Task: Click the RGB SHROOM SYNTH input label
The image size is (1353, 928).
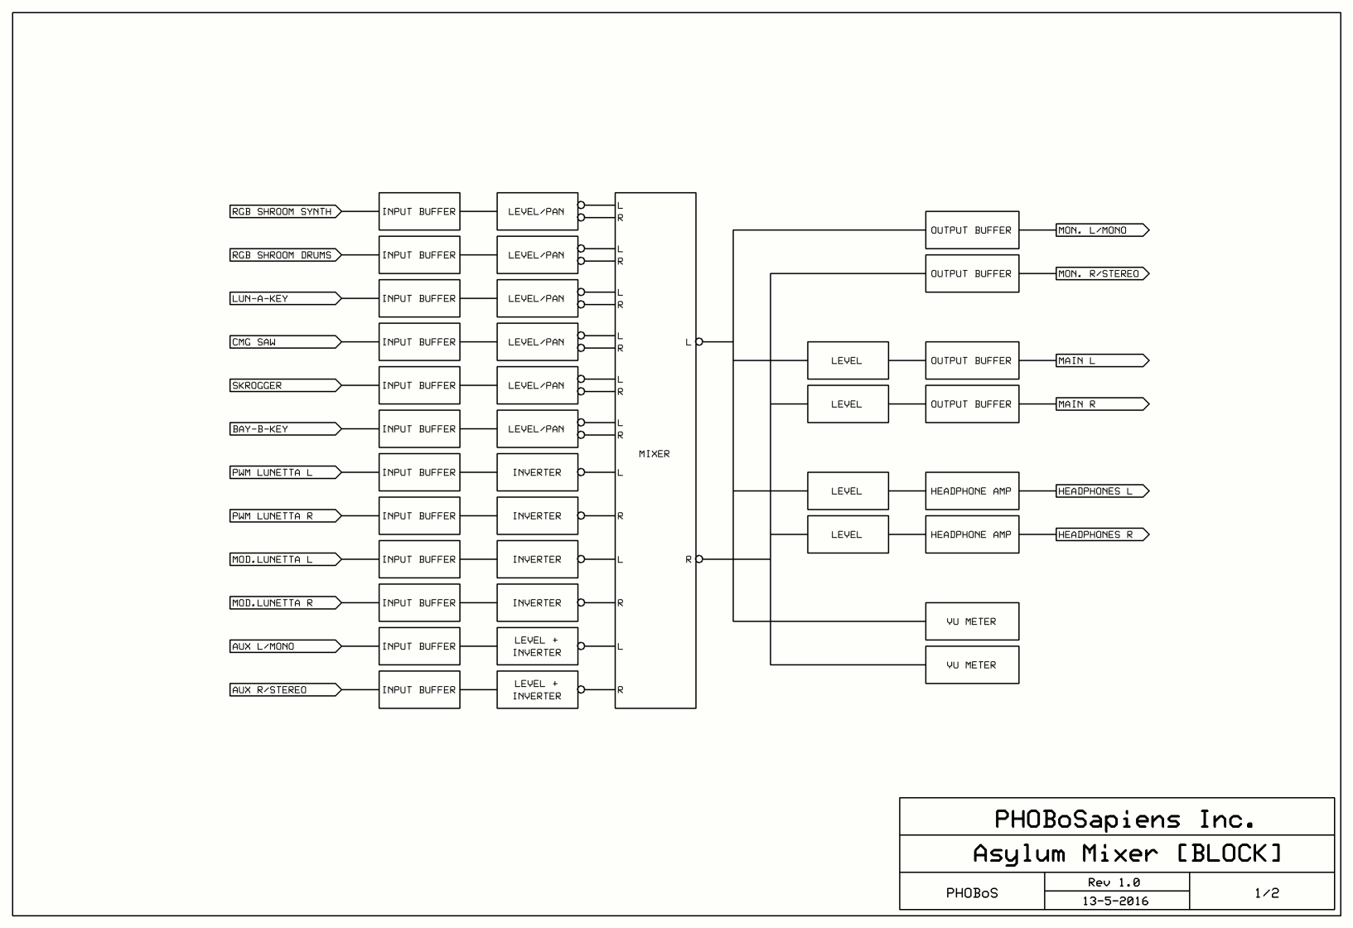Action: tap(283, 212)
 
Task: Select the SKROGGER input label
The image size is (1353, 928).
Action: tap(283, 386)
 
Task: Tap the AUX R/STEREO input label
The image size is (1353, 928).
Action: tap(283, 690)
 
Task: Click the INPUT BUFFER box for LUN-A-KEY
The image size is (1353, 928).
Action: tap(419, 299)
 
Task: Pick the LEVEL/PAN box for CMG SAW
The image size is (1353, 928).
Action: tap(537, 342)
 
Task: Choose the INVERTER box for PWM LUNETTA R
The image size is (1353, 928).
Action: tap(537, 516)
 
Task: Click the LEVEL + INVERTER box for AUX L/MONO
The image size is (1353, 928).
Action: tap(537, 646)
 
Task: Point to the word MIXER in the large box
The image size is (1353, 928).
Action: tap(655, 454)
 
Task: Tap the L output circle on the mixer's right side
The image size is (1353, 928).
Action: tap(699, 342)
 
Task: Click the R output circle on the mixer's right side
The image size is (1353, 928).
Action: tap(699, 559)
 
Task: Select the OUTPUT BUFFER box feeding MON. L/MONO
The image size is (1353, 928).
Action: tap(972, 230)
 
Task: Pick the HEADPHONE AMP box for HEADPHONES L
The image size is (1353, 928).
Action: tap(972, 491)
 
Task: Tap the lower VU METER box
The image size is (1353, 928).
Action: tap(972, 665)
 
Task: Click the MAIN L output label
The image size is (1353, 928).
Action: tap(1100, 361)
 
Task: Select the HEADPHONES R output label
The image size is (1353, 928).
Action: tap(1100, 535)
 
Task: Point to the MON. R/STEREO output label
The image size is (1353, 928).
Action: tap(1100, 274)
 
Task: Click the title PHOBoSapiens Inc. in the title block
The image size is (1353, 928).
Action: tap(1124, 819)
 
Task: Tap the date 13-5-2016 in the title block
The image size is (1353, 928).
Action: tap(1115, 901)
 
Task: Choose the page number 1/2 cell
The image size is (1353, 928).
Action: tap(1266, 893)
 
